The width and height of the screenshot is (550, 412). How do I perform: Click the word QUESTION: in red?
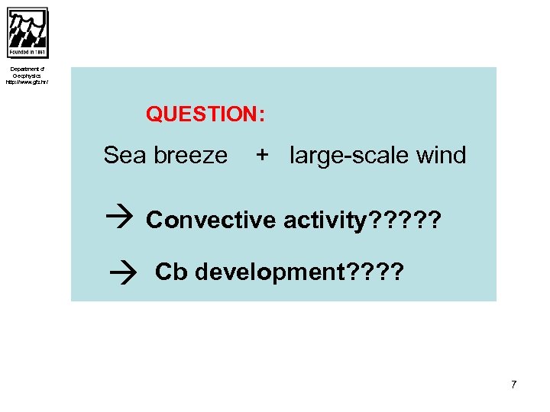pos(205,114)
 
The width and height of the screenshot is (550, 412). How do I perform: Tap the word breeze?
pos(190,156)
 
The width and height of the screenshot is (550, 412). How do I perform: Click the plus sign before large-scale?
pos(262,156)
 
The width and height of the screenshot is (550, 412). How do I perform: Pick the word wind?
pos(441,156)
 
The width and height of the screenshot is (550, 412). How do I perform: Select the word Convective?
pos(211,220)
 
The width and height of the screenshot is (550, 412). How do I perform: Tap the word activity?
pos(324,220)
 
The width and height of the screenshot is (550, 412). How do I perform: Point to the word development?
pos(269,272)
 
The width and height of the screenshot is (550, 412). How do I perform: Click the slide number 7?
pos(514,385)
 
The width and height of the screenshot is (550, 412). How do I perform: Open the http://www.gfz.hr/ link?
pos(27,82)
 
